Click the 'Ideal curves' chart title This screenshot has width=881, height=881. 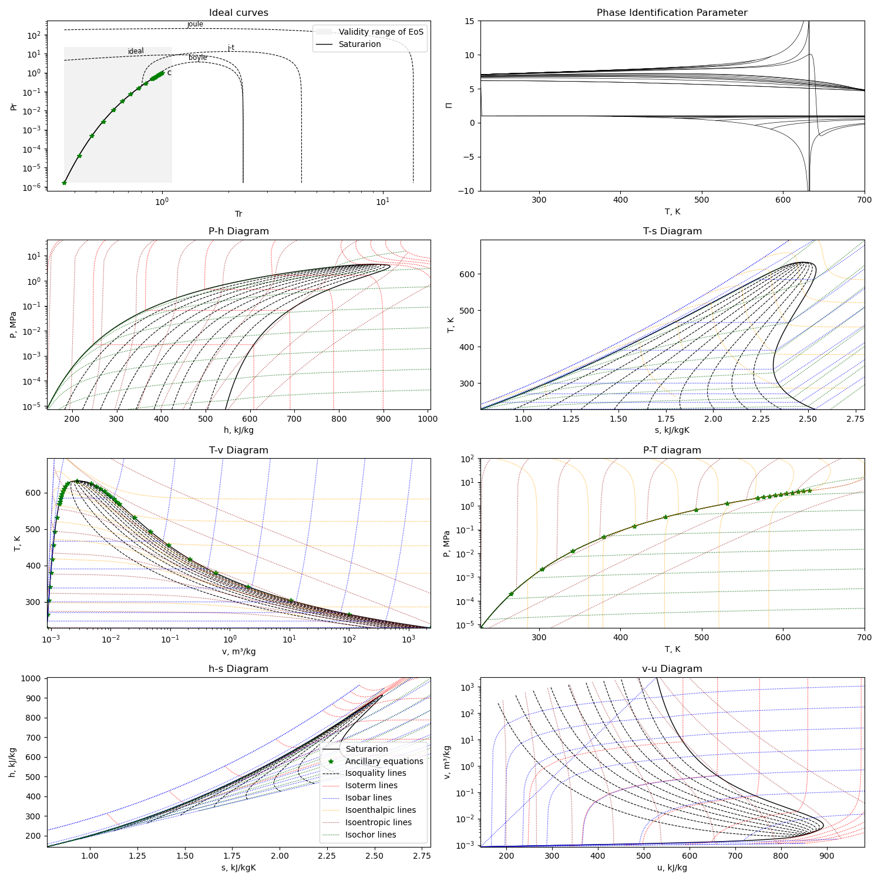[238, 13]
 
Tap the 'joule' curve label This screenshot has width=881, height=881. [195, 24]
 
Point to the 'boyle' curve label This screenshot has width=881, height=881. [198, 58]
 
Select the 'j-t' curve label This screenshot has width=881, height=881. [231, 48]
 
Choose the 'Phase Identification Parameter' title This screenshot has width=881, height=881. [672, 13]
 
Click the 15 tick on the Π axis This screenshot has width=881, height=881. [469, 21]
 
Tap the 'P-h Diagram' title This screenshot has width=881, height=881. [238, 231]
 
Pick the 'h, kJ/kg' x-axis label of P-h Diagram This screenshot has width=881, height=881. [238, 430]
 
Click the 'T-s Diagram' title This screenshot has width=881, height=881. [672, 231]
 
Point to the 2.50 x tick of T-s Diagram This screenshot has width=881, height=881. [808, 419]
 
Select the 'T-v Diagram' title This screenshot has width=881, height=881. [238, 450]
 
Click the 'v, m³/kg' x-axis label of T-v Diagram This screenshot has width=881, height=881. [238, 651]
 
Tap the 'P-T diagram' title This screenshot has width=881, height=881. [672, 450]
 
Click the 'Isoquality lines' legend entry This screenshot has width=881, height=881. [376, 773]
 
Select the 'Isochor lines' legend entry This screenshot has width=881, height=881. [371, 835]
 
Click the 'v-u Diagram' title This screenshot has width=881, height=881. [672, 669]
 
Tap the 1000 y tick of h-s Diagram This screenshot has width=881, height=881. [32, 678]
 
